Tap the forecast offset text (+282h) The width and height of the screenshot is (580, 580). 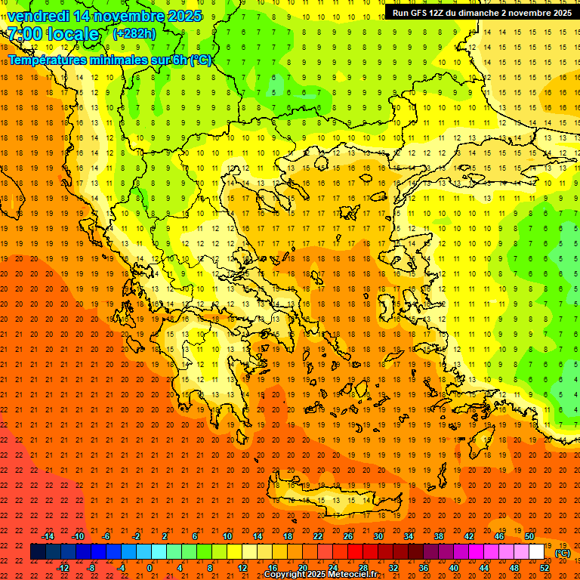pos(134,33)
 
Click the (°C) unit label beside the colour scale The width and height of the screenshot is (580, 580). pos(563,553)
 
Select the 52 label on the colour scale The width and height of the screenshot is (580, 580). pos(545,568)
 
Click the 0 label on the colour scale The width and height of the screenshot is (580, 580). pos(150,568)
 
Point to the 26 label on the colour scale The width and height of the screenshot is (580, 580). pos(348,536)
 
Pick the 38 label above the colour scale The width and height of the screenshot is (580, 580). pos(439,536)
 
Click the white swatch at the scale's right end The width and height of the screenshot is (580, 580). pos(536,552)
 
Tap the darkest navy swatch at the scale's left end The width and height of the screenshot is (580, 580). pos(38,552)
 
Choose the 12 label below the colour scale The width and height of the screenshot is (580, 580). pos(242,568)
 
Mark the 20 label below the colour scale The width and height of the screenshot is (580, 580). pos(303,568)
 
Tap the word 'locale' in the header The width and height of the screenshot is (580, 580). pos(72,34)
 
